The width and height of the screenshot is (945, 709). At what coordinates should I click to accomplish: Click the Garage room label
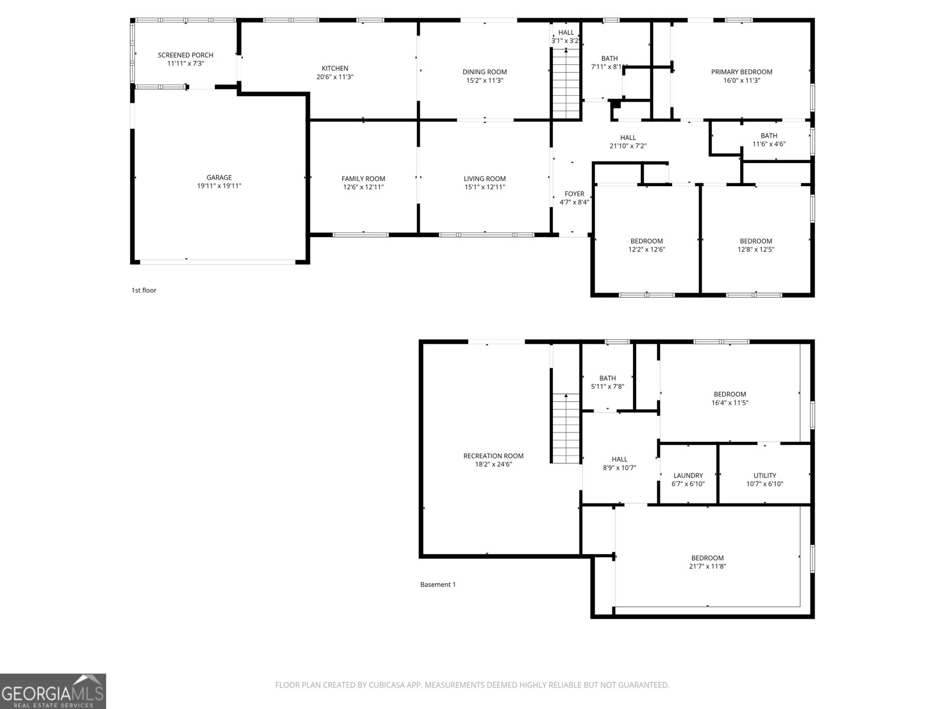tap(219, 177)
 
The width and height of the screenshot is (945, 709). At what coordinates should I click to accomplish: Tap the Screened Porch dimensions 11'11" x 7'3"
tap(185, 63)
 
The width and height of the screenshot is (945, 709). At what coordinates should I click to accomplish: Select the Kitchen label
tap(335, 69)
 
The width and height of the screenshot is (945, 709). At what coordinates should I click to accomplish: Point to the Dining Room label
tap(484, 72)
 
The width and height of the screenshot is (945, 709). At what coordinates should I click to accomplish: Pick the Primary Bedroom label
tap(741, 72)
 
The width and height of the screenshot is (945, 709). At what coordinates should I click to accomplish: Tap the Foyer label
tap(574, 194)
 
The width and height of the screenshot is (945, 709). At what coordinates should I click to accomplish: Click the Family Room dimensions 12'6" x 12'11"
tap(363, 187)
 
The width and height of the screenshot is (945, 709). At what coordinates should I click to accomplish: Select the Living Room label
tap(484, 179)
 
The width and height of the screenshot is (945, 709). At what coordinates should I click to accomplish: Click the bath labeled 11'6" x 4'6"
tap(769, 140)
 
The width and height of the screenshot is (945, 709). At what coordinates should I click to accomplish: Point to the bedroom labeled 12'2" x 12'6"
tap(647, 245)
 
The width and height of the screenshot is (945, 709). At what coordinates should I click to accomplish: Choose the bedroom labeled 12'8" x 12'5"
tap(756, 245)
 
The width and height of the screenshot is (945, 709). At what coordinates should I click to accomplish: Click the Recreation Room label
tap(493, 456)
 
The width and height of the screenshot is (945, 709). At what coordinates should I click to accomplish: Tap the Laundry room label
tap(688, 476)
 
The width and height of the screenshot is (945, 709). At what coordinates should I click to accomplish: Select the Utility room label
tap(765, 476)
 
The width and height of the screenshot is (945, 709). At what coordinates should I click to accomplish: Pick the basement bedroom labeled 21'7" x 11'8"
tap(708, 562)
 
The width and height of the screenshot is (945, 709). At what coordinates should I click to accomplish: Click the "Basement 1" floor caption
tap(438, 585)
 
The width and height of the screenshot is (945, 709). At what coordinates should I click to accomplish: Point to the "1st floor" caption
tap(144, 291)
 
